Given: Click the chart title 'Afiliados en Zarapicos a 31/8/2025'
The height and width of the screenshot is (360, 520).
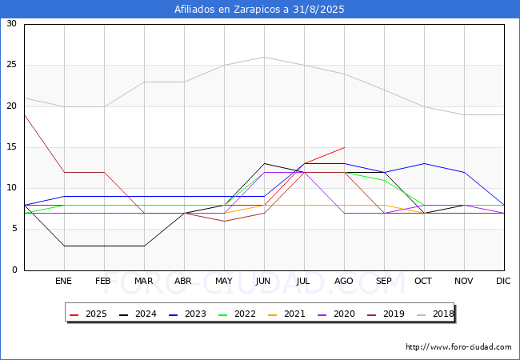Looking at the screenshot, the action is point(259,10).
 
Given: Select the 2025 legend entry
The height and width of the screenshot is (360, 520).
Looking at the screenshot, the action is point(88,314).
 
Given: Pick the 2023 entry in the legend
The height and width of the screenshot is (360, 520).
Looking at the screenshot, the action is point(187,314).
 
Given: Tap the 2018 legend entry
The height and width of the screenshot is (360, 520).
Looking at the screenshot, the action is point(435,314).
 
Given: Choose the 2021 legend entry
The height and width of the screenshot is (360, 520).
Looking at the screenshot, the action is point(286,314).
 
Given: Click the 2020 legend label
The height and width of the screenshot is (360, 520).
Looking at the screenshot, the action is point(344,314).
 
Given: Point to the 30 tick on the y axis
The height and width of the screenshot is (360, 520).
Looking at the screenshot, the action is point(12,23).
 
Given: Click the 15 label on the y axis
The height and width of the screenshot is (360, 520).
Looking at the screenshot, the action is point(12,147).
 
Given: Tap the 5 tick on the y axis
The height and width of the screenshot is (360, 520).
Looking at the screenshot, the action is point(14,229).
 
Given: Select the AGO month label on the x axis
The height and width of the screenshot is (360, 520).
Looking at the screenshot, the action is point(343,281).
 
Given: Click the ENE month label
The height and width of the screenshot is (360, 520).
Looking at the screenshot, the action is point(63,281).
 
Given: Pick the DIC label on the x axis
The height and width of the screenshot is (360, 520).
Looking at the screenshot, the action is point(503,281).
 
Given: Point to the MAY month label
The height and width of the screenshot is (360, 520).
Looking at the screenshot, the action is point(224,281).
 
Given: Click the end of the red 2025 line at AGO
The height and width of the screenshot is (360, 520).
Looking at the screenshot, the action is point(345,147).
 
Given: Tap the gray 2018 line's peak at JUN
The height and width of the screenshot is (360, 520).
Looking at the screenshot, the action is point(264,57).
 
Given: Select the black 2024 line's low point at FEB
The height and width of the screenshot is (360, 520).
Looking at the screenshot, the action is point(105,246).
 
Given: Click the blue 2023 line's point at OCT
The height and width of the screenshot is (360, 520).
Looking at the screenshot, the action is point(425,164).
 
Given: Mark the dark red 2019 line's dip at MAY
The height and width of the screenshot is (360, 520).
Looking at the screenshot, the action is point(225,221).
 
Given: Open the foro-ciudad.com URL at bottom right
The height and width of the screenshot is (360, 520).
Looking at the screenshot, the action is point(458,347).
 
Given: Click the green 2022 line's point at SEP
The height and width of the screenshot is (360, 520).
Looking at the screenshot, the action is point(384,180).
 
